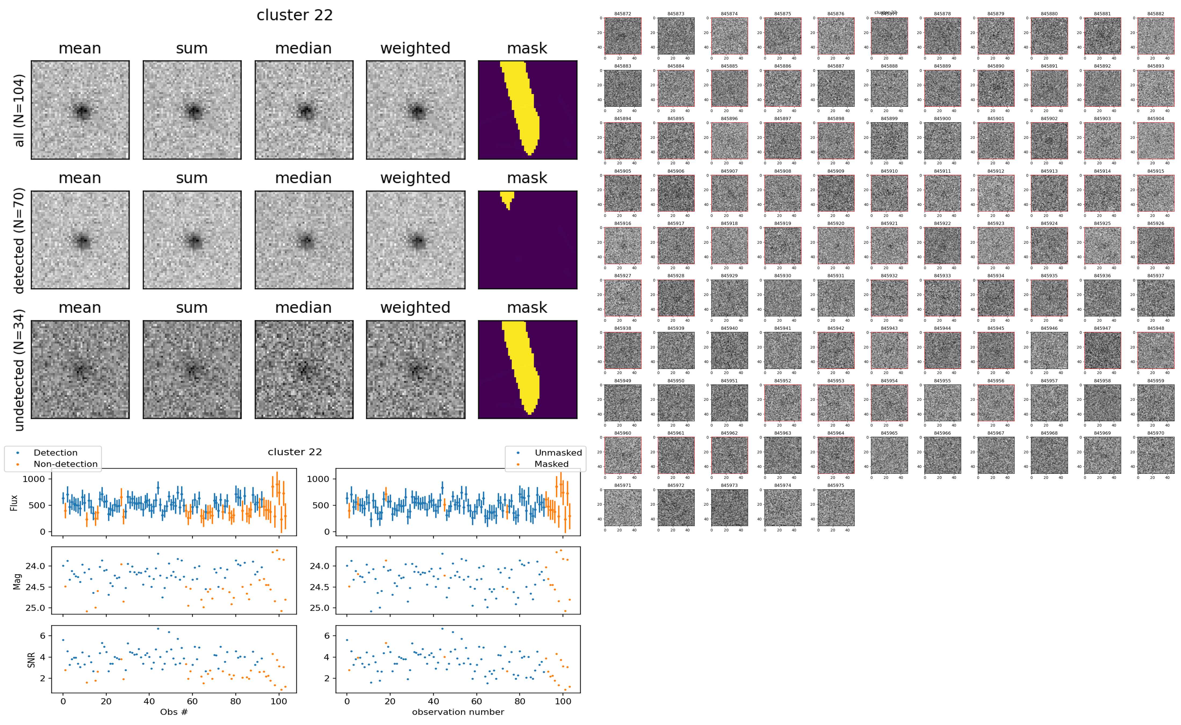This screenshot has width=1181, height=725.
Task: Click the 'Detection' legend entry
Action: (55, 453)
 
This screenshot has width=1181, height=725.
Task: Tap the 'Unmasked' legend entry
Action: (558, 453)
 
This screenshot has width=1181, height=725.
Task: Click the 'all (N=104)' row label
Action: (19, 110)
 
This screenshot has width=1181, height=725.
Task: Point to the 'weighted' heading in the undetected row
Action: (415, 307)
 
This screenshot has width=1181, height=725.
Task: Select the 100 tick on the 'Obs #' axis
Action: (279, 701)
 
